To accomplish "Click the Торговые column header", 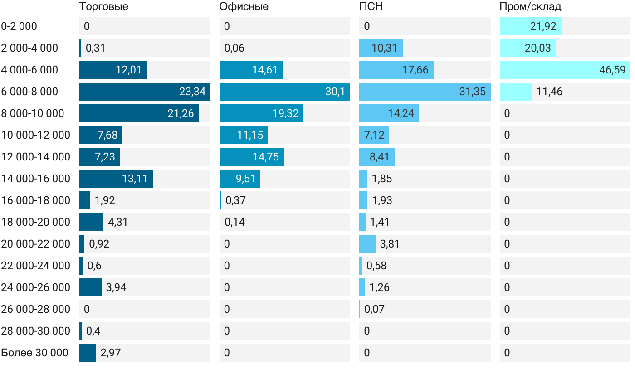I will pyautogui.click(x=103, y=7).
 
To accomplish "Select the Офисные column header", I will pyautogui.click(x=244, y=7).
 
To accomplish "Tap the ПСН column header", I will pyautogui.click(x=371, y=7).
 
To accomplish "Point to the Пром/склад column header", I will pyautogui.click(x=530, y=7).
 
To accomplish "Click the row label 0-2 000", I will pyautogui.click(x=19, y=26).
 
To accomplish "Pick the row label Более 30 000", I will pyautogui.click(x=34, y=353).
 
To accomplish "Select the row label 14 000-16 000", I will pyautogui.click(x=36, y=179).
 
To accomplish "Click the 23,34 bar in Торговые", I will pyautogui.click(x=144, y=92).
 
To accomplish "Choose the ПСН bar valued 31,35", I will pyautogui.click(x=425, y=92).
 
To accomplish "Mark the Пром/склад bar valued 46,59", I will pyautogui.click(x=565, y=70).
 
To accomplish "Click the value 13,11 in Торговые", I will pyautogui.click(x=135, y=179).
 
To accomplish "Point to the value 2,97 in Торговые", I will pyautogui.click(x=111, y=353).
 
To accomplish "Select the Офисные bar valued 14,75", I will pyautogui.click(x=251, y=157).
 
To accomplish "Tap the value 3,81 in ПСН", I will pyautogui.click(x=390, y=244).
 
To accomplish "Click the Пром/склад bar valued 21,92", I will pyautogui.click(x=530, y=26).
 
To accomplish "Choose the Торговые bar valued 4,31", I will pyautogui.click(x=91, y=222).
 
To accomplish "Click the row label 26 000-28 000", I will pyautogui.click(x=36, y=309).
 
